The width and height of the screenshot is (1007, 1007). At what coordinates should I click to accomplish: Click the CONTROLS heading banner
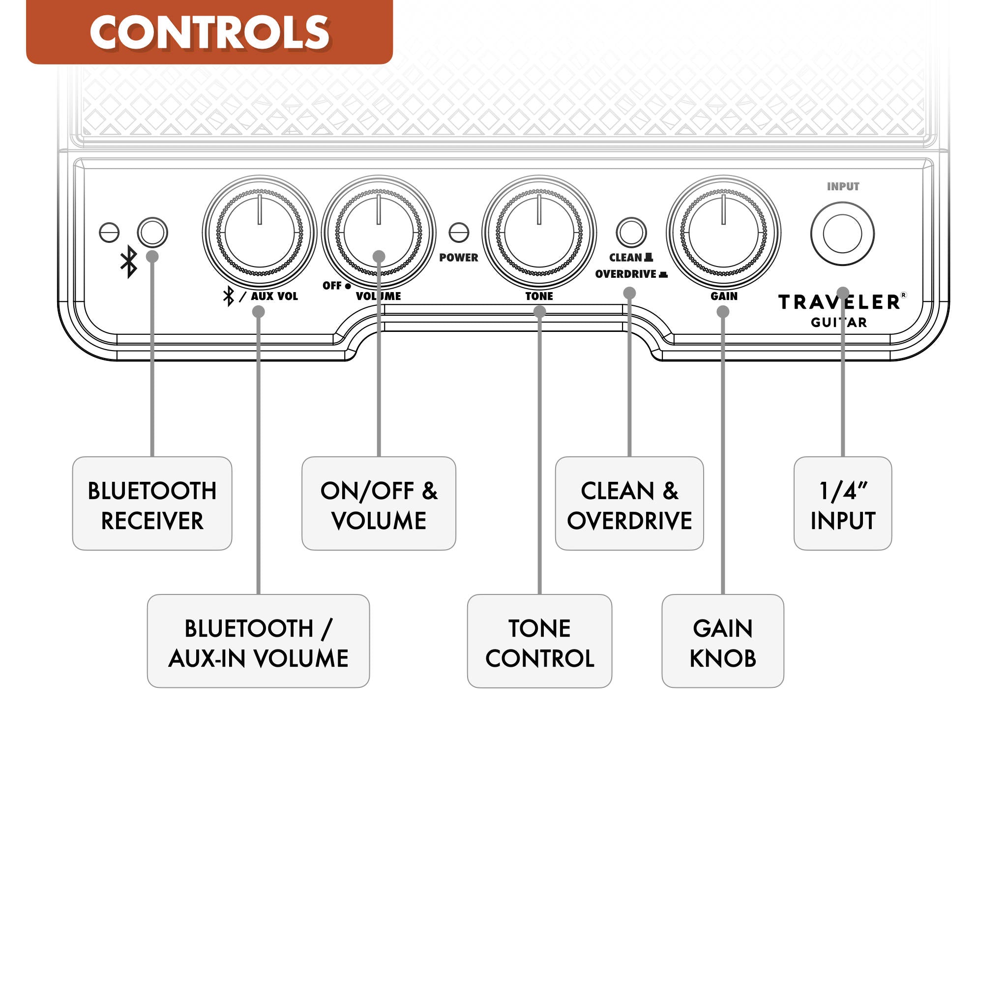pyautogui.click(x=209, y=32)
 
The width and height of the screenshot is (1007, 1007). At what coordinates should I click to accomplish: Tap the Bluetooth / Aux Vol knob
pyautogui.click(x=260, y=233)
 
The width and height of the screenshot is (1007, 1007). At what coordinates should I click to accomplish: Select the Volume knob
pyautogui.click(x=379, y=233)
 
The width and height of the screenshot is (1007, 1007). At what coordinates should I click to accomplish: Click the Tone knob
pyautogui.click(x=539, y=233)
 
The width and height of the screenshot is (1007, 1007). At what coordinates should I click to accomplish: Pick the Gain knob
pyautogui.click(x=723, y=233)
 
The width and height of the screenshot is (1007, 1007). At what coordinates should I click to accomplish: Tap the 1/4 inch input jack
pyautogui.click(x=842, y=234)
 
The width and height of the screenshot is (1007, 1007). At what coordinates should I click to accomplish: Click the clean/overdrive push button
pyautogui.click(x=631, y=233)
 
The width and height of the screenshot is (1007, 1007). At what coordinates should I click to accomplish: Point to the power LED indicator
pyautogui.click(x=459, y=233)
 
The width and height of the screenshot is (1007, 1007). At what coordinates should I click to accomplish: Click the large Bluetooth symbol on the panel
pyautogui.click(x=129, y=262)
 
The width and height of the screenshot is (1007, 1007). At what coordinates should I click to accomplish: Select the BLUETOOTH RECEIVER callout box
pyautogui.click(x=152, y=503)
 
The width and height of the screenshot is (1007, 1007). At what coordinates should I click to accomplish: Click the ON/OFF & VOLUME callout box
pyautogui.click(x=379, y=503)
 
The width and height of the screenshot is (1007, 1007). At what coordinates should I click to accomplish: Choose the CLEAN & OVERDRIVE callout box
pyautogui.click(x=629, y=503)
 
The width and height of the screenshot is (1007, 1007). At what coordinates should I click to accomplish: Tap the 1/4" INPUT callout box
pyautogui.click(x=842, y=503)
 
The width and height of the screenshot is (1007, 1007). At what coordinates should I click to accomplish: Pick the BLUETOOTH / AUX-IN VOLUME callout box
pyautogui.click(x=259, y=641)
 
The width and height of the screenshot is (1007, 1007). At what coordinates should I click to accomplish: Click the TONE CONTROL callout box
pyautogui.click(x=539, y=641)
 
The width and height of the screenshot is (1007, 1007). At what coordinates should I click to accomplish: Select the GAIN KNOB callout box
pyautogui.click(x=723, y=641)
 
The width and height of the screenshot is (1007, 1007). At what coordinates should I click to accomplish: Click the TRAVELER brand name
pyautogui.click(x=839, y=302)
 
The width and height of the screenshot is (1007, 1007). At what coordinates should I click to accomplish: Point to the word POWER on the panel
pyautogui.click(x=459, y=258)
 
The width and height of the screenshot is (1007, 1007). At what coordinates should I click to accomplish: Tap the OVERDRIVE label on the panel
pyautogui.click(x=626, y=274)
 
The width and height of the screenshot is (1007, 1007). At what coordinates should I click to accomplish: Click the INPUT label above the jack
pyautogui.click(x=843, y=186)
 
